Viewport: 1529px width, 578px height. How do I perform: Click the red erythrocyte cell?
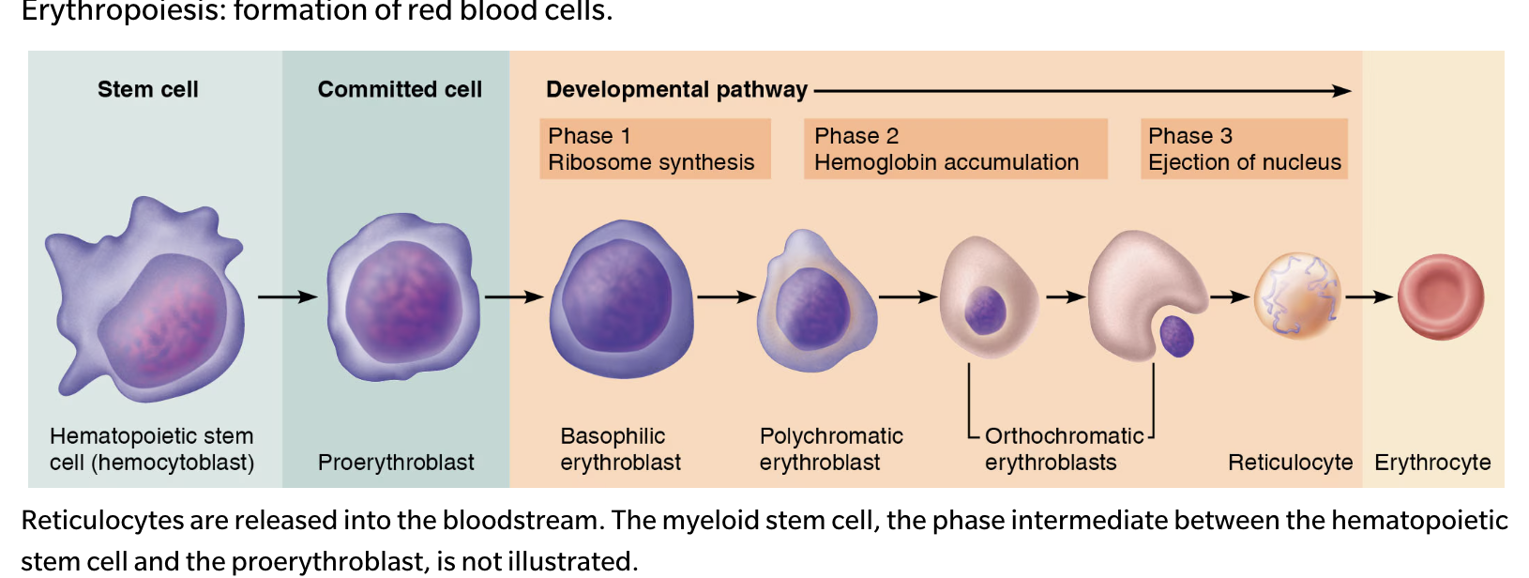tap(1440, 297)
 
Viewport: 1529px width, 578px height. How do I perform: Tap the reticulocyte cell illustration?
tap(1297, 296)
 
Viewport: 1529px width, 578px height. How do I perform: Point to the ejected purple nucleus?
tap(1177, 336)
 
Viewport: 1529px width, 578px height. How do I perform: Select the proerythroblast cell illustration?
tap(403, 298)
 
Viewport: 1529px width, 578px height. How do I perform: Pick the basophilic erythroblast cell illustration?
tap(621, 298)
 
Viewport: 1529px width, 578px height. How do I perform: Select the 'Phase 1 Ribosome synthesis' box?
tap(654, 148)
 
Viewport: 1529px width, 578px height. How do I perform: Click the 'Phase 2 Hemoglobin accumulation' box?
tap(954, 148)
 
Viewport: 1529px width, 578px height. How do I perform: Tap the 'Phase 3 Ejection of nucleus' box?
tap(1243, 148)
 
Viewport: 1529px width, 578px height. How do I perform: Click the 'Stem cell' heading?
tap(148, 89)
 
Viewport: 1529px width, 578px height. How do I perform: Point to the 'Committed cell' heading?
tap(400, 89)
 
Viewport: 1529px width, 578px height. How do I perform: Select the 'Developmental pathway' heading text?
tap(676, 89)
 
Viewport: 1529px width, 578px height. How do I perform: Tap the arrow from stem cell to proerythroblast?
tap(287, 297)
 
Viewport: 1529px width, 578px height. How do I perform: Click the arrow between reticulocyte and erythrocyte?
tap(1369, 297)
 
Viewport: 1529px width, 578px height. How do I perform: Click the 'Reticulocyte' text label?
tap(1290, 463)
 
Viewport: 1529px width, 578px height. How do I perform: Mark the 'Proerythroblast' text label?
tap(396, 463)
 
